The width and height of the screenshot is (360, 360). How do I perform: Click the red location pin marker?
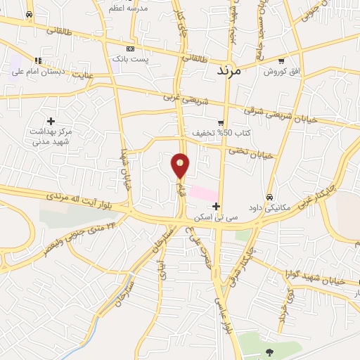click(181, 165)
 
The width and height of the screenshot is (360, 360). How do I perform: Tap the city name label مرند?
click(229, 71)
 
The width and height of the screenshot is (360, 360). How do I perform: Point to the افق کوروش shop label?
click(281, 72)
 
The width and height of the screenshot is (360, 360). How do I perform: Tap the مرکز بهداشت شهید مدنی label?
click(51, 136)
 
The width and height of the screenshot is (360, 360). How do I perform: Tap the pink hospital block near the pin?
click(204, 191)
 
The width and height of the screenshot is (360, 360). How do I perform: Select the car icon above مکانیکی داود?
click(270, 197)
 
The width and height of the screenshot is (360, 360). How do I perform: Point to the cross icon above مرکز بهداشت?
click(51, 121)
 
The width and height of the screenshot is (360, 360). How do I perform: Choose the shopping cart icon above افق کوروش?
click(281, 61)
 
